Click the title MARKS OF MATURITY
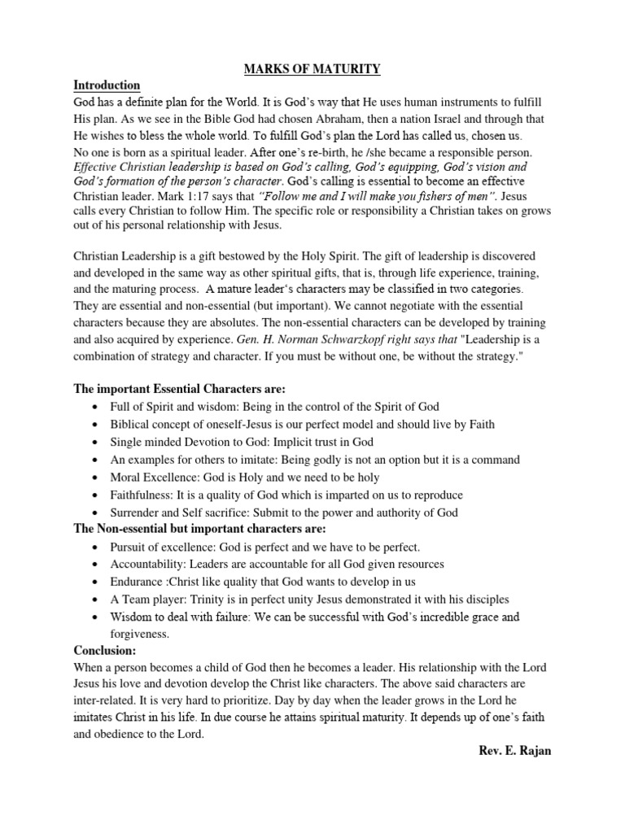point(313,69)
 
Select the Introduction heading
point(107,85)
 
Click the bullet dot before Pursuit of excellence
point(97,547)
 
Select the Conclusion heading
point(105,651)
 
